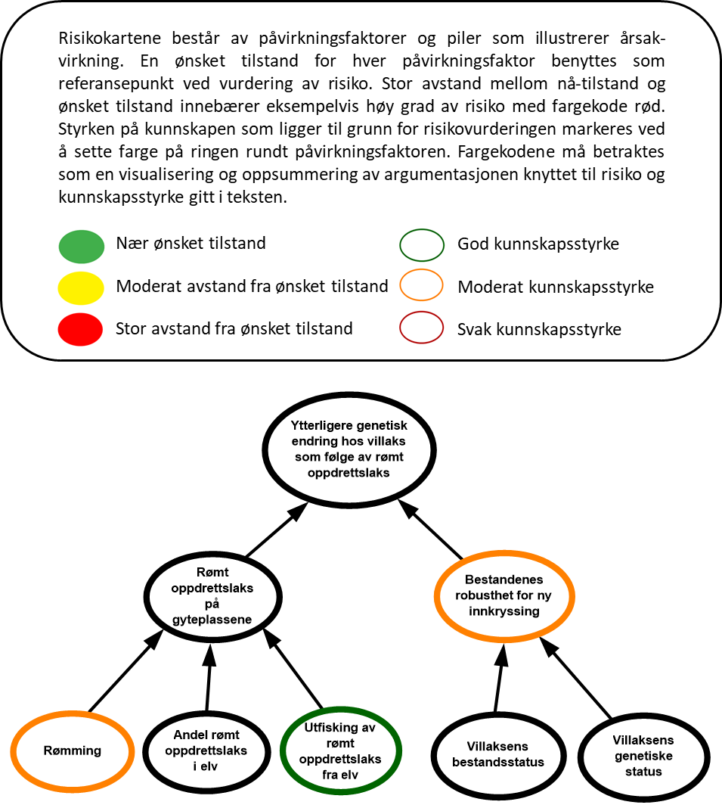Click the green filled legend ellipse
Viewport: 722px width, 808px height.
(82, 247)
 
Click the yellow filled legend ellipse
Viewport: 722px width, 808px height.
(81, 287)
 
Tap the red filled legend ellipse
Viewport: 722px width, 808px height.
(80, 329)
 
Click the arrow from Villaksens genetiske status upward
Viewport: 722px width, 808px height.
(576, 678)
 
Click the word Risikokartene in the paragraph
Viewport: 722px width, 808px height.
(110, 38)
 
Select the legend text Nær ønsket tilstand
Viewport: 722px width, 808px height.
(191, 243)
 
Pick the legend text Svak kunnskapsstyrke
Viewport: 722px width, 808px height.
(539, 329)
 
